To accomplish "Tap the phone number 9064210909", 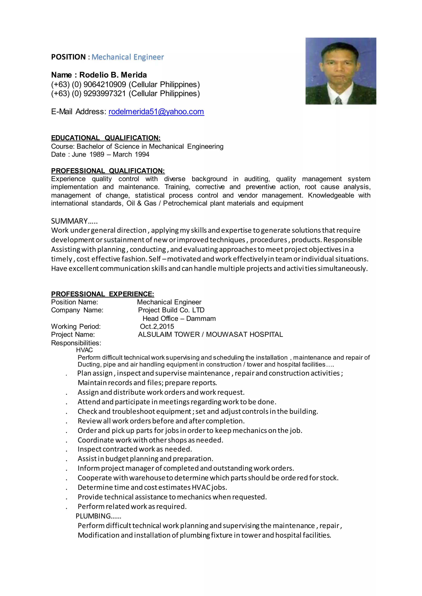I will click(104, 84).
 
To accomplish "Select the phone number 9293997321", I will click(104, 93).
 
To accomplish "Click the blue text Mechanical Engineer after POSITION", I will click(128, 57).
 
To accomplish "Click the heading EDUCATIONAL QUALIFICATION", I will click(105, 138).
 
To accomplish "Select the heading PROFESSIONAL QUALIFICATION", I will click(108, 171).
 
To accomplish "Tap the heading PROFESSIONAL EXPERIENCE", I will click(102, 294).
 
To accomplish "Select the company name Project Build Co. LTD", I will click(171, 310).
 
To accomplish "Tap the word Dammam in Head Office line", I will click(201, 319).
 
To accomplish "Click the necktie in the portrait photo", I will click(338, 100).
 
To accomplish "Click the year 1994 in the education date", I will click(142, 154).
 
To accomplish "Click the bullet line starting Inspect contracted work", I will click(135, 449).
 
